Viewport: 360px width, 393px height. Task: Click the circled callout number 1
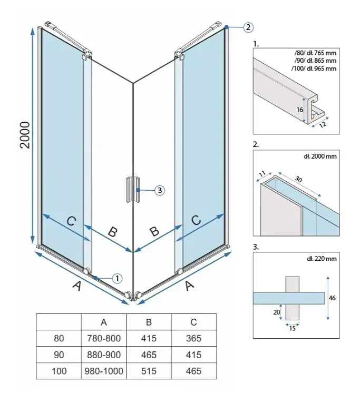pos(117,279)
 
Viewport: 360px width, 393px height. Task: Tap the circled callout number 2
pos(248,27)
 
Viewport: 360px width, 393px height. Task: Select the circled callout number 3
pos(160,190)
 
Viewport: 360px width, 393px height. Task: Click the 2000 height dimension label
pos(25,135)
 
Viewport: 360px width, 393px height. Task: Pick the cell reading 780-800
pos(104,338)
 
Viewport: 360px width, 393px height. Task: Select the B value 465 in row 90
pos(149,355)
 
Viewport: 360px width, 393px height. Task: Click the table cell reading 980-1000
pos(104,371)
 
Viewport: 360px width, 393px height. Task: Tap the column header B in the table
pos(149,322)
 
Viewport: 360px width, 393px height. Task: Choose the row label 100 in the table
pos(59,371)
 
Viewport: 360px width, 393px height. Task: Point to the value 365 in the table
pos(193,338)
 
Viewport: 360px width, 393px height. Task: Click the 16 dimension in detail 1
pos(299,110)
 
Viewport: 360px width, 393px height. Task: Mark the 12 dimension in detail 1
pos(323,124)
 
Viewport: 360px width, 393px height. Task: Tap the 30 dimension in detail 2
pos(298,179)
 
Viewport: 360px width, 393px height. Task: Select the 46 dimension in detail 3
pos(332,298)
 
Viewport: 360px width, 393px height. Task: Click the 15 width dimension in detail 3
pos(293,328)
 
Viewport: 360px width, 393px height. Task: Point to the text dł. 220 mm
pos(322,259)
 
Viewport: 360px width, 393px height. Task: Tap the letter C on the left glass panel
pos(72,221)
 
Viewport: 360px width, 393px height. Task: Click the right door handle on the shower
pos(138,190)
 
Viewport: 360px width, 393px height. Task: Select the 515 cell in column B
pos(149,371)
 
